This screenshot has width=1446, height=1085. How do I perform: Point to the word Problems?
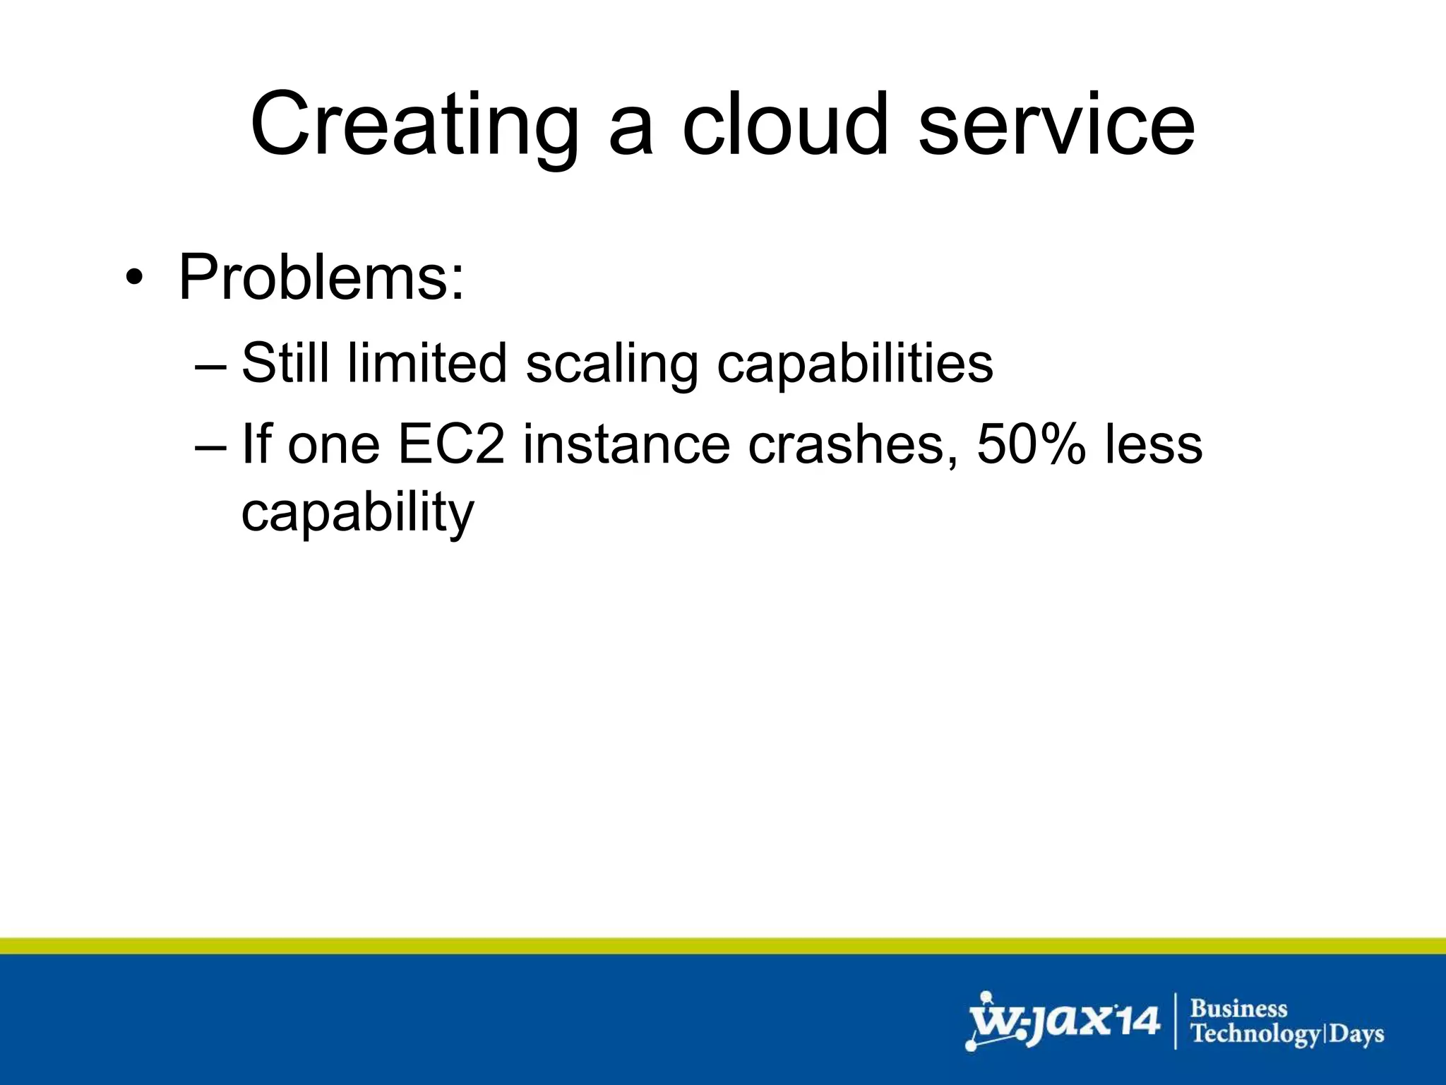322,277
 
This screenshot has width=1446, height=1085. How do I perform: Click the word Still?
285,363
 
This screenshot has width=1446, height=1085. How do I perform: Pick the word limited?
427,363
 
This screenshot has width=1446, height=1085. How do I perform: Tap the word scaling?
611,364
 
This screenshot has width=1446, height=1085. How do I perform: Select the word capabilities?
854,364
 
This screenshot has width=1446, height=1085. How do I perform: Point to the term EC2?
452,444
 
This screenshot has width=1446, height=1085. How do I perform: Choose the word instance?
626,444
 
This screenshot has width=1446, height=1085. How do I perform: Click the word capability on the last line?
357,514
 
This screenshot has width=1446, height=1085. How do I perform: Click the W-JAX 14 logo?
1063,1021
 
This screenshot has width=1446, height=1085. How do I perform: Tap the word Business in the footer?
1239,1008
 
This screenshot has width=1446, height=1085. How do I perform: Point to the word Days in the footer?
1357,1034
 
